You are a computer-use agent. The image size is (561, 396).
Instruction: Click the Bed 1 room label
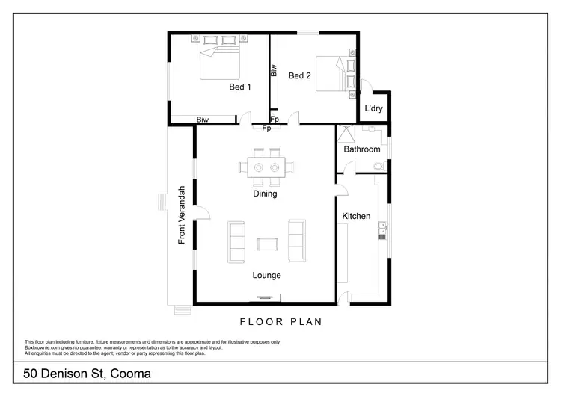click(x=239, y=87)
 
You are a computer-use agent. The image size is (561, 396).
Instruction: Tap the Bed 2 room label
click(x=299, y=75)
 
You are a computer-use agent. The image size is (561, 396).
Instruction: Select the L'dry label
click(x=374, y=109)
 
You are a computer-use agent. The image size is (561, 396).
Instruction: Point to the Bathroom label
click(x=362, y=149)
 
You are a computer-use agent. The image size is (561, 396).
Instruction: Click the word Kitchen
click(x=356, y=216)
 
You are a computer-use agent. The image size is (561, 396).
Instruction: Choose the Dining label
click(x=265, y=194)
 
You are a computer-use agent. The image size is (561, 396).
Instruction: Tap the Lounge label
click(x=266, y=275)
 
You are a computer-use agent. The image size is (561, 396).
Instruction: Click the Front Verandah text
click(x=182, y=215)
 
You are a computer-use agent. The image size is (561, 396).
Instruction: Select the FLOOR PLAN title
click(x=280, y=322)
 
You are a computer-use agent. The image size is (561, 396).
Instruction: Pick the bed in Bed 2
click(x=334, y=73)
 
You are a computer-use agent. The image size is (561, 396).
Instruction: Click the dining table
click(x=266, y=166)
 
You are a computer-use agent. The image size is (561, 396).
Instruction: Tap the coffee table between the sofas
click(x=266, y=243)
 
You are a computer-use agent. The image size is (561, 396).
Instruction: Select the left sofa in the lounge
click(x=236, y=242)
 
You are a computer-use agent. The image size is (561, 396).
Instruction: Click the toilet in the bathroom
click(x=378, y=166)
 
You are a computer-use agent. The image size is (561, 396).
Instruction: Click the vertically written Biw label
click(x=274, y=72)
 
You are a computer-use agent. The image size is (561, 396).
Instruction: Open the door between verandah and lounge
click(x=200, y=214)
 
